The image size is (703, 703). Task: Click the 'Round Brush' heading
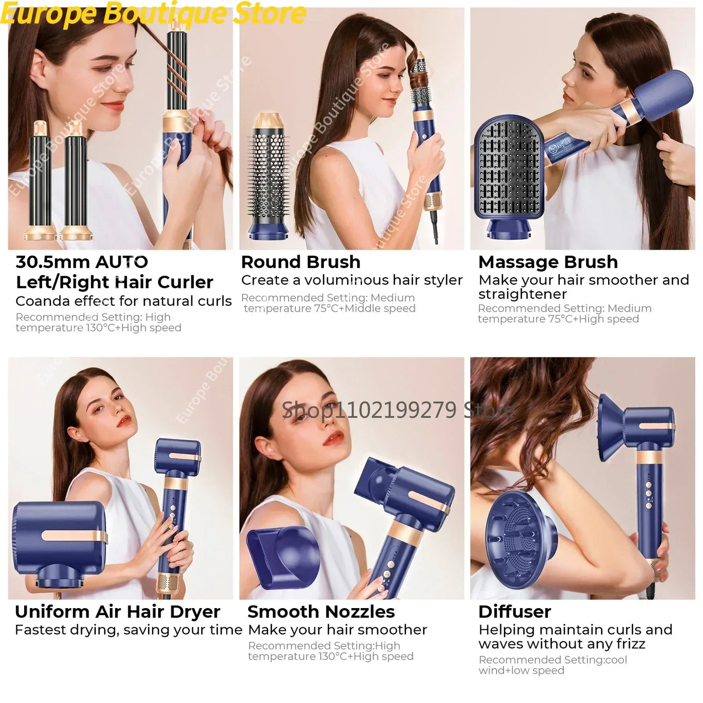pyautogui.click(x=300, y=262)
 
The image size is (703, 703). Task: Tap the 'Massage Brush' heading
pyautogui.click(x=548, y=262)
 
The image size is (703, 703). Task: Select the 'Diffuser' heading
pyautogui.click(x=515, y=612)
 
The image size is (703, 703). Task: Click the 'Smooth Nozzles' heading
pyautogui.click(x=321, y=612)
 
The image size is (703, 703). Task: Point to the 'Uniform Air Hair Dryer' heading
pyautogui.click(x=118, y=612)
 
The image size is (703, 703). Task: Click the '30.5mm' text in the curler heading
pyautogui.click(x=52, y=262)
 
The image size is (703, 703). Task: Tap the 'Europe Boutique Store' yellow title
pyautogui.click(x=153, y=14)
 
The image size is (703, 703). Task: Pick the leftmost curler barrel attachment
pyautogui.click(x=42, y=181)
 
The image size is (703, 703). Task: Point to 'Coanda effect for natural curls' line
pyautogui.click(x=124, y=301)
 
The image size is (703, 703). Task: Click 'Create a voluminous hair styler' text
pyautogui.click(x=351, y=280)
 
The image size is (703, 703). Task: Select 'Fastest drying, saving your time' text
pyautogui.click(x=129, y=630)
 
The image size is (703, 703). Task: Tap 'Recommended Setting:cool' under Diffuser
pyautogui.click(x=552, y=660)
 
